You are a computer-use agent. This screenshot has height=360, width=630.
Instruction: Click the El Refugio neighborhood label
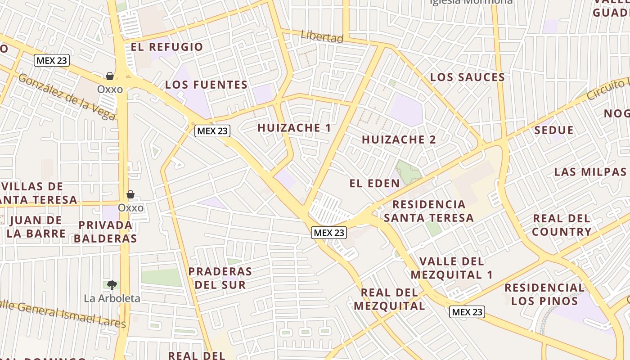coord(167,47)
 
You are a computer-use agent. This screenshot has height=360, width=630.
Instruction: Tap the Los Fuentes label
coord(206,85)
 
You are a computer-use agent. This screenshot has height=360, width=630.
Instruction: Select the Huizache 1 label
coord(294,128)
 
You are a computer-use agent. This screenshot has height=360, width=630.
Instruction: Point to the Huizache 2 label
coord(399,139)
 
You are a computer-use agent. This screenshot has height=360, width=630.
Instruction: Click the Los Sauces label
coord(468,77)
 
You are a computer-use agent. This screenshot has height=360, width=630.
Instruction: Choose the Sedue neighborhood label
coord(554,130)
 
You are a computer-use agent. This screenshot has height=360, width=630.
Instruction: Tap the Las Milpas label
coord(590,172)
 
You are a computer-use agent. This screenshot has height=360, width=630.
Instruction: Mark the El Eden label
coord(374,183)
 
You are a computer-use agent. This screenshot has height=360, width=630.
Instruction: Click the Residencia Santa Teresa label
coord(429,211)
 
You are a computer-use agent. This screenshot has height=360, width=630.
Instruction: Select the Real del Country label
coord(562,225)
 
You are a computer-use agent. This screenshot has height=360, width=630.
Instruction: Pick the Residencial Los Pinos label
coord(544,294)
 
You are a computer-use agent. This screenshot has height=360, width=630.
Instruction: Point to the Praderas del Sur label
coord(220,278)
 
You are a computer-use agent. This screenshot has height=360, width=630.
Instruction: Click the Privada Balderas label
coord(105,232)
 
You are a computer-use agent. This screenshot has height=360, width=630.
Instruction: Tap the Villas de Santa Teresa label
coord(39,193)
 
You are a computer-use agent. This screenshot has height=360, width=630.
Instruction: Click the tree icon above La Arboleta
coord(112,285)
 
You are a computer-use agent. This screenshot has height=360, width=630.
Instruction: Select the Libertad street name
coord(322,37)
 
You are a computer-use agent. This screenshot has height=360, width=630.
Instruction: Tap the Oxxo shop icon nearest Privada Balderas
coord(130,194)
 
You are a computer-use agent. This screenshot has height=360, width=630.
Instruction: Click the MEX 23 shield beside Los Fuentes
coord(212,131)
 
